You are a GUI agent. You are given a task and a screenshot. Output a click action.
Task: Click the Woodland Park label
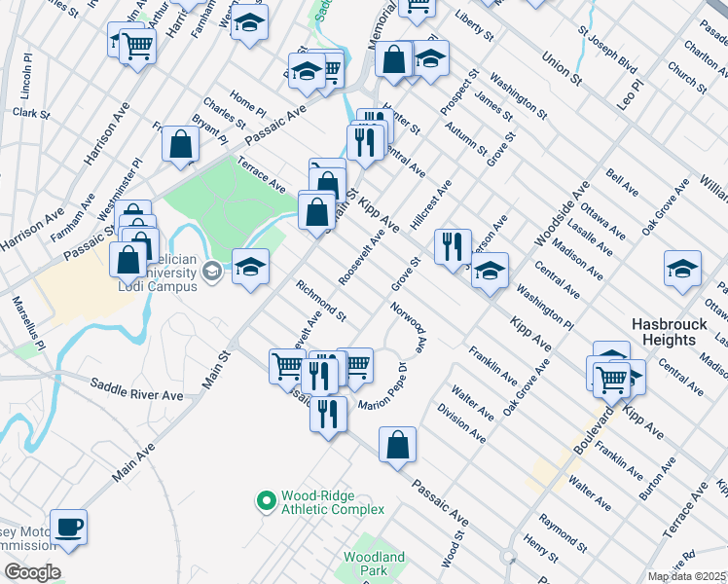tap(373, 564)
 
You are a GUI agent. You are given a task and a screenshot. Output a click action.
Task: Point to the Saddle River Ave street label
tap(137, 388)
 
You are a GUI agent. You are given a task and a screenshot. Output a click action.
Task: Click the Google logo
tap(32, 572)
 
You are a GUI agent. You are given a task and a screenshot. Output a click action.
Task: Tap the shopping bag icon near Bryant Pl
tap(181, 145)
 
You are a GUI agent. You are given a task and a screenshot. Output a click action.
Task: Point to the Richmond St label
tap(320, 301)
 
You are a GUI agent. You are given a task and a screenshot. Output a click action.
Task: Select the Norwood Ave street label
tap(409, 330)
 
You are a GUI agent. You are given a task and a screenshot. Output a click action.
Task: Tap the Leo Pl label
tap(636, 95)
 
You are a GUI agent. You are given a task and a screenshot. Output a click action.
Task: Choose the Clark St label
tap(31, 113)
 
